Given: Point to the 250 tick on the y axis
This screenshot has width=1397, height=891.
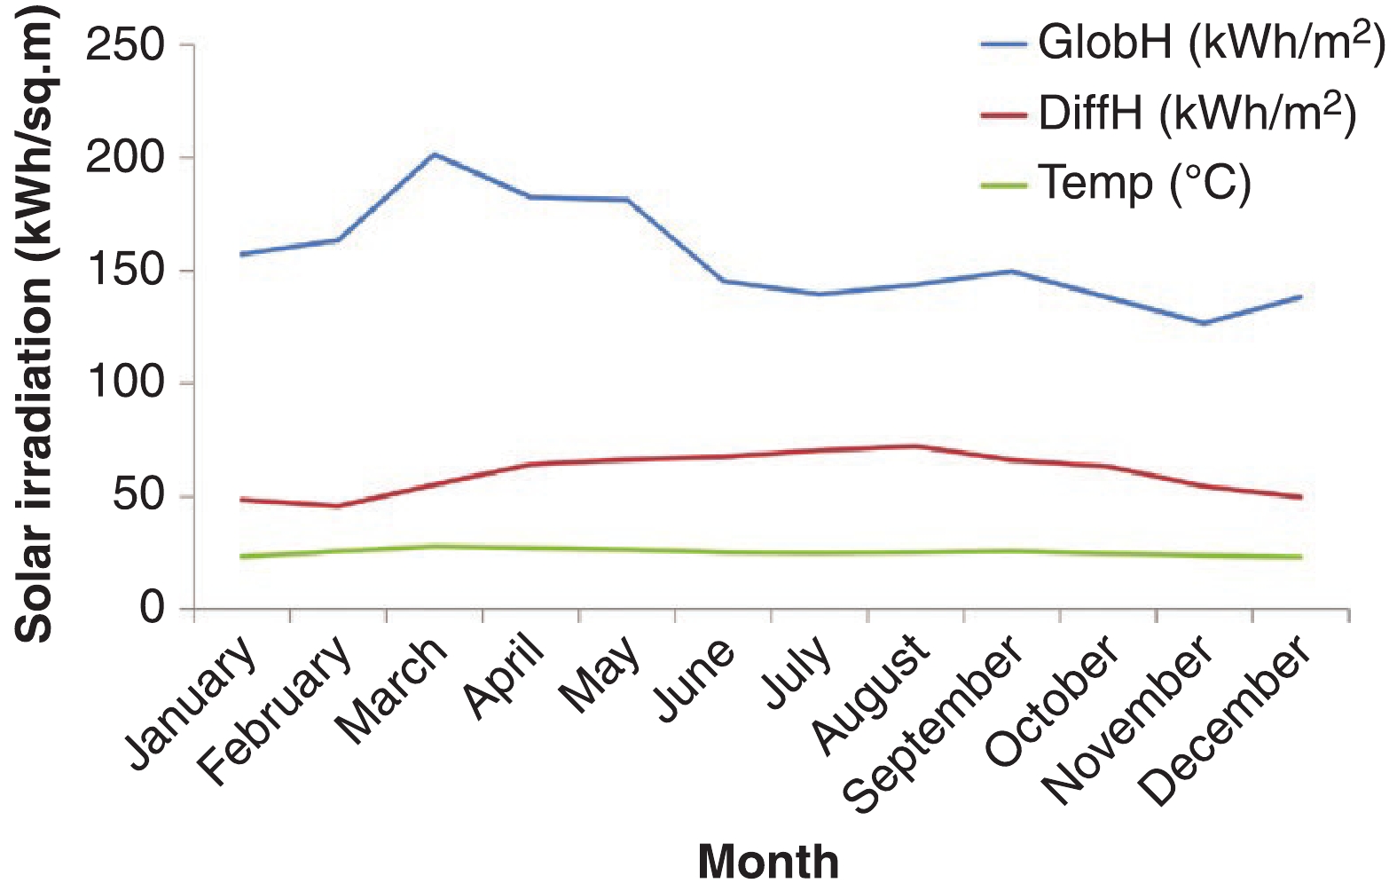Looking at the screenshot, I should click(125, 45).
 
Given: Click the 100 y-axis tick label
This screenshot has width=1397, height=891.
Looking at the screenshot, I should click(125, 383).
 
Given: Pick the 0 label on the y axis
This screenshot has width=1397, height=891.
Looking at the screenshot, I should click(152, 609).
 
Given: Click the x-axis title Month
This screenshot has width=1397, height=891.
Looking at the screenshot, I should click(768, 861).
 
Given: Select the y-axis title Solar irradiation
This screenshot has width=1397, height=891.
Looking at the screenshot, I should click(35, 324).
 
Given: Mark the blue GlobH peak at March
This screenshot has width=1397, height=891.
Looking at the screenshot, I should click(434, 154).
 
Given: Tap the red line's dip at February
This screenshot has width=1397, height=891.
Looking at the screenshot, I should click(337, 506).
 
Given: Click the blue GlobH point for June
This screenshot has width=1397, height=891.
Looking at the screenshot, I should click(723, 280).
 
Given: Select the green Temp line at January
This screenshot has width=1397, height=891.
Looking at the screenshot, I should click(241, 556).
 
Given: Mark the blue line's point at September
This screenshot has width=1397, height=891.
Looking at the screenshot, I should click(1011, 271).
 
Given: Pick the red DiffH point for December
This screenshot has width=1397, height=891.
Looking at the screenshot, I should click(1300, 497).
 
